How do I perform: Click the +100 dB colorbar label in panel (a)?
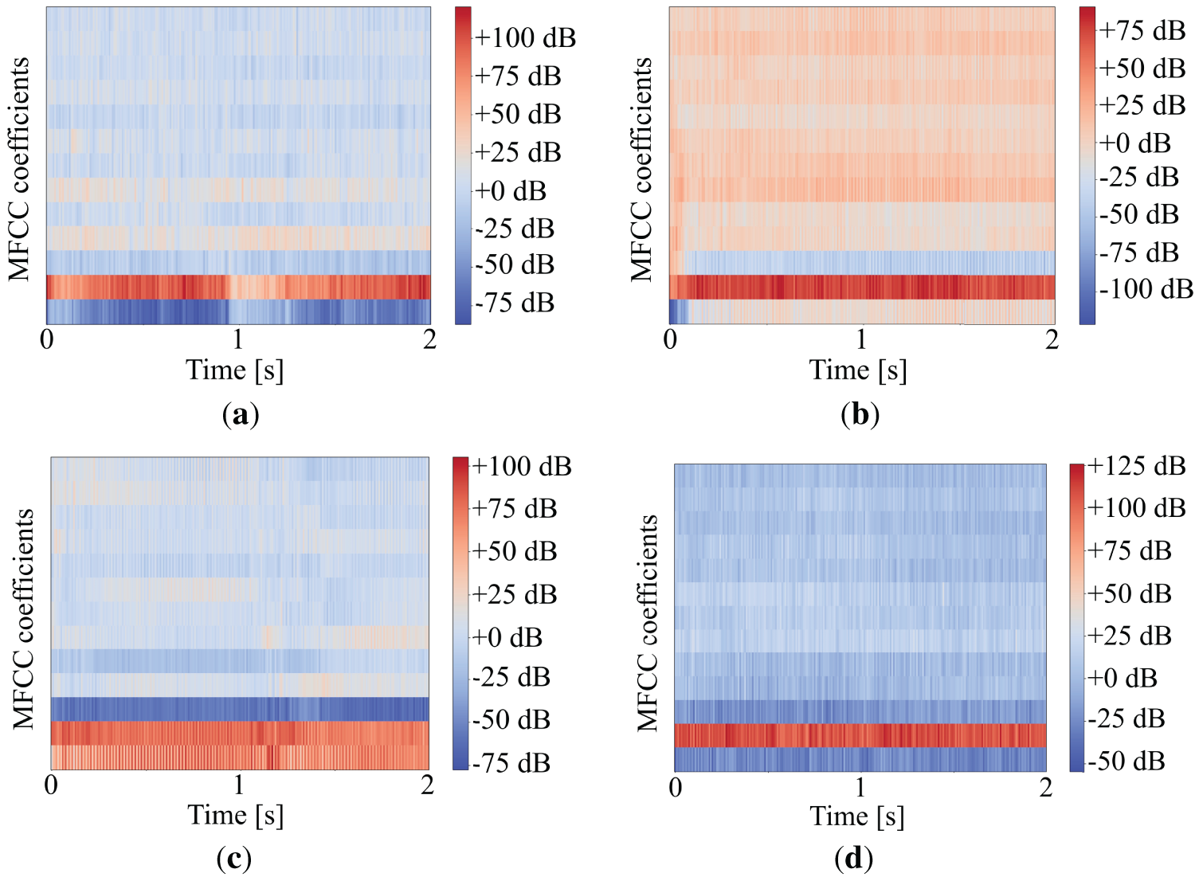(525, 37)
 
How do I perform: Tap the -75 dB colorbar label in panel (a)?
(515, 303)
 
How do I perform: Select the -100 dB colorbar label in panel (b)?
(1146, 288)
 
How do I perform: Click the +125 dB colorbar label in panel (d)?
(1136, 466)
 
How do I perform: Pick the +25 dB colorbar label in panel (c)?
(515, 594)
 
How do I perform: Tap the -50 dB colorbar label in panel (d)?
(1126, 761)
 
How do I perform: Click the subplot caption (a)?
(240, 414)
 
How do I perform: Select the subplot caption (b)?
(860, 414)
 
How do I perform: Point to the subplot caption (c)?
(233, 858)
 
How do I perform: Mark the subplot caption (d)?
(853, 858)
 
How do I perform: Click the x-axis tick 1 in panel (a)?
(238, 339)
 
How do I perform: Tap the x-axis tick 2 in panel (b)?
(1052, 339)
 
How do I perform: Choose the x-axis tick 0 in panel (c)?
(51, 785)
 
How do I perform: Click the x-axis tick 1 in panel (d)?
(860, 787)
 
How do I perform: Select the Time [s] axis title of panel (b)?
(858, 370)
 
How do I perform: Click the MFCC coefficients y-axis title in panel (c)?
(24, 619)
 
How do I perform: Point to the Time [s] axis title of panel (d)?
(857, 816)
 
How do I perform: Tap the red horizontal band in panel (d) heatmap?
(860, 735)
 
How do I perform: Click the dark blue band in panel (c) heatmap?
(239, 709)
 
